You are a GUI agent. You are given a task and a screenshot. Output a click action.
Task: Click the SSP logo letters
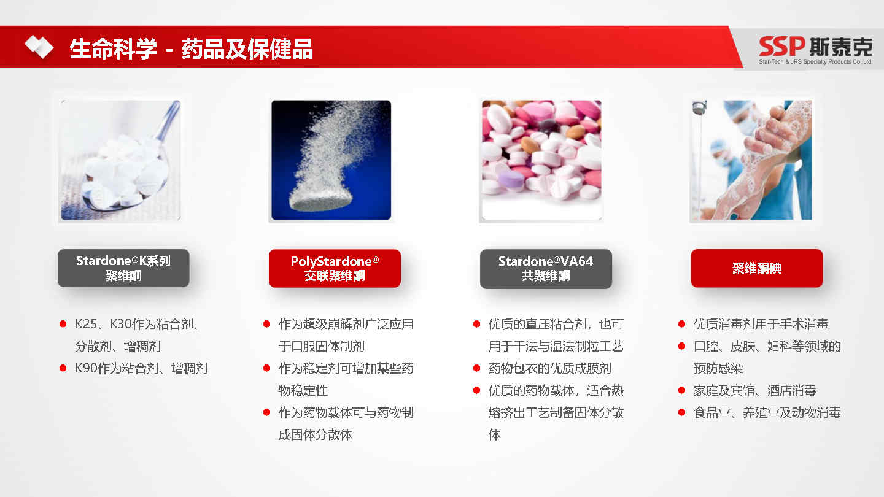point(781,46)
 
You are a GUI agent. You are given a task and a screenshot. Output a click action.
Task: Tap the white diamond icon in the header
point(39,47)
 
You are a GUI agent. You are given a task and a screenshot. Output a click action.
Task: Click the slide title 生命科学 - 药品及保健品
point(192,49)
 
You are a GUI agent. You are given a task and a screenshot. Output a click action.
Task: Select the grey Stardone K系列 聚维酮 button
point(123,268)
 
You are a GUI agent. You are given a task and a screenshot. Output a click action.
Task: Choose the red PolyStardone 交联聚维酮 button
point(335,268)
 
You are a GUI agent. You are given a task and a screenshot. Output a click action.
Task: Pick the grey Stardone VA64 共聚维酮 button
point(546,269)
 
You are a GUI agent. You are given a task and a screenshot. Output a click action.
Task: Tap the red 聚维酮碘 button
point(756,268)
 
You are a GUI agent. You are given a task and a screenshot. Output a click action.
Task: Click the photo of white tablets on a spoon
point(121,160)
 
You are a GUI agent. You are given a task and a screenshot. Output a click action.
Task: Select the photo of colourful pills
point(541,160)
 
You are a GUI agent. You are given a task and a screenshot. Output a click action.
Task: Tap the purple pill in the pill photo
point(511,180)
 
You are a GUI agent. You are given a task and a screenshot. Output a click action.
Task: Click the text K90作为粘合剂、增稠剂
point(141,368)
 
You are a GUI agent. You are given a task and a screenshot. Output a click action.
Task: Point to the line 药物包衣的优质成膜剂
point(550,368)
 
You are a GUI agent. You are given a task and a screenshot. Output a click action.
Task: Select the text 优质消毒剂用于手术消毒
point(761,324)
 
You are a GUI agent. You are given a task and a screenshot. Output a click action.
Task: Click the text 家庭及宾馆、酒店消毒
point(755,390)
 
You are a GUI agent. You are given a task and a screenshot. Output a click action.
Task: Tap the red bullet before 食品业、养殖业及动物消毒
point(681,412)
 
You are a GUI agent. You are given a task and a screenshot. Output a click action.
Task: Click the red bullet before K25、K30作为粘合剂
point(63,324)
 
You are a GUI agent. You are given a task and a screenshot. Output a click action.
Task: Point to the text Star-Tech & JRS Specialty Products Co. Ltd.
point(815,61)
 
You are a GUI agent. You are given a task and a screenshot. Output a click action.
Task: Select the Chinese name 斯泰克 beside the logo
point(841,47)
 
